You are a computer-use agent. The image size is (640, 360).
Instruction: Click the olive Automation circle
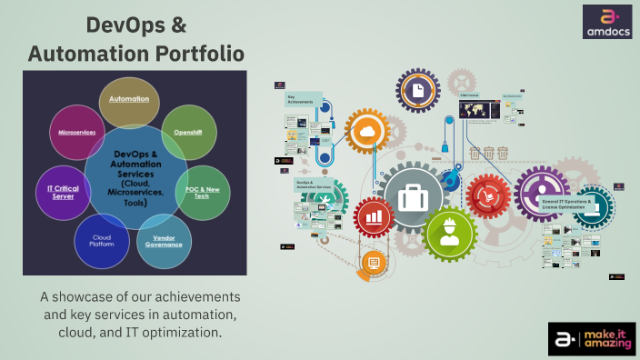tap(129, 103)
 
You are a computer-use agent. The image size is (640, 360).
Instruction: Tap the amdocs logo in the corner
tap(606, 21)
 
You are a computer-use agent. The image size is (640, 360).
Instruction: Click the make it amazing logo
tap(591, 337)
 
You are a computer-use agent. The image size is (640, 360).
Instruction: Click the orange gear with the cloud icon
tap(367, 134)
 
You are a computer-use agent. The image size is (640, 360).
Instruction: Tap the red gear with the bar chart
tap(375, 217)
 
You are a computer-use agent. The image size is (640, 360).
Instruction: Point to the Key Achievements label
tap(300, 99)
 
